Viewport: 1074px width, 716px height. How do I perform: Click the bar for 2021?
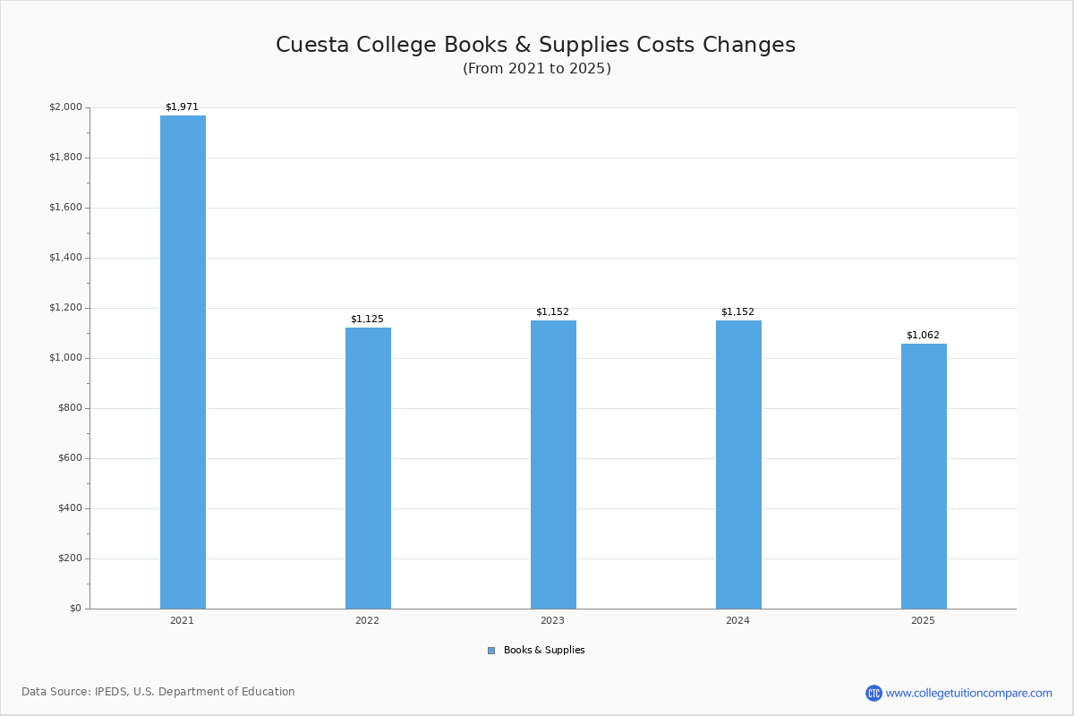[183, 362]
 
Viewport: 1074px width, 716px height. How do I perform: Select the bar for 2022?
[368, 468]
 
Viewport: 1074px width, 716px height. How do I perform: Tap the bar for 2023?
[553, 465]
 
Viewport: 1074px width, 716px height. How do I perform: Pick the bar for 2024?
[738, 465]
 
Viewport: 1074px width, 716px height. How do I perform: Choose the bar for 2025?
[924, 476]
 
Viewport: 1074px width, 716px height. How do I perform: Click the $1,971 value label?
[182, 107]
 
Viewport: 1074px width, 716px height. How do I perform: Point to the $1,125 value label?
[367, 320]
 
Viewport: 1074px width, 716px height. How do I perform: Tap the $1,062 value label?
[923, 336]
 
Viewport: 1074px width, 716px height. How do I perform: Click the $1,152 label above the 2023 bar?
[552, 312]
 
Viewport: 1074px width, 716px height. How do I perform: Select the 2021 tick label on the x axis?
[182, 620]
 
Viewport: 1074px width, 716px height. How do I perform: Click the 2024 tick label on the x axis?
[737, 620]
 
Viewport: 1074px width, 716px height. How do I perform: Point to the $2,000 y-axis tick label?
[65, 107]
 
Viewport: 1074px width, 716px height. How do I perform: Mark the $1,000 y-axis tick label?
[65, 358]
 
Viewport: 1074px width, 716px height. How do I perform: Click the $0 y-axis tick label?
[74, 609]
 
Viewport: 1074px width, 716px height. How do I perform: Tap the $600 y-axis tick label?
[68, 458]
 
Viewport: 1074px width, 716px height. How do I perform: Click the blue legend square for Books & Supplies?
[491, 651]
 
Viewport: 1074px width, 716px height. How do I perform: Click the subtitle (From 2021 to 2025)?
[537, 69]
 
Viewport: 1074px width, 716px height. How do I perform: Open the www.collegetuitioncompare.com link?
[968, 693]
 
